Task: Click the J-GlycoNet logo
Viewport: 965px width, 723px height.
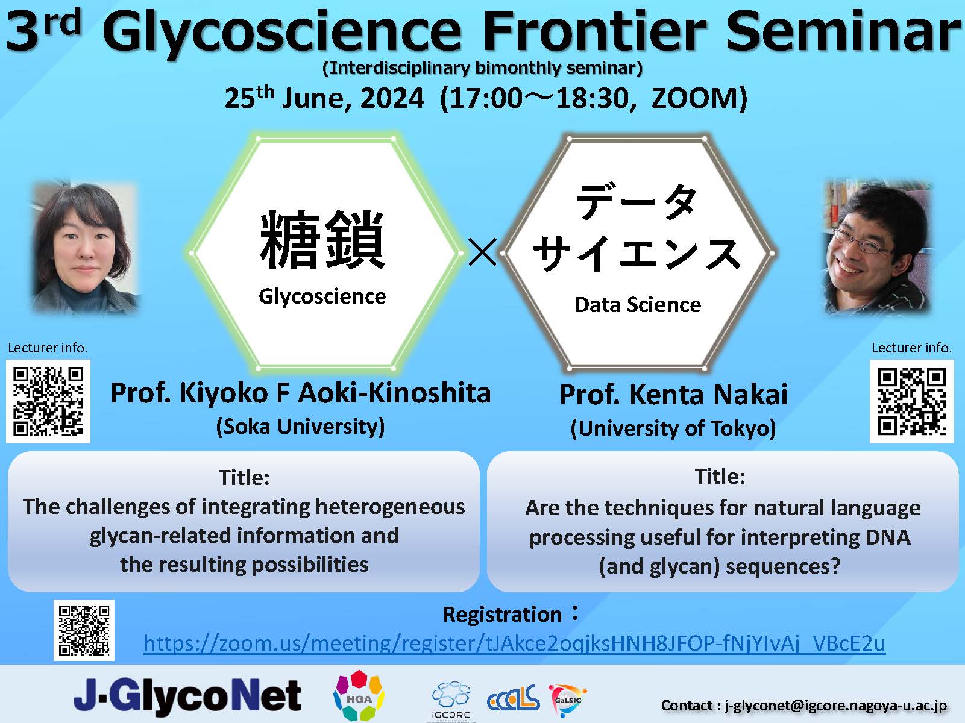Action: tap(187, 695)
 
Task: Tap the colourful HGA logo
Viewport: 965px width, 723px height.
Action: tap(359, 696)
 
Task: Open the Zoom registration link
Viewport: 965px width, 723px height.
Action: tap(514, 643)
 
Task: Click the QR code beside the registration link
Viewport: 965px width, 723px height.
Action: tap(84, 630)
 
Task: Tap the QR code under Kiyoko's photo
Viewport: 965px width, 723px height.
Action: tap(48, 401)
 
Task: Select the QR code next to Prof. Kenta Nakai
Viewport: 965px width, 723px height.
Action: tap(911, 401)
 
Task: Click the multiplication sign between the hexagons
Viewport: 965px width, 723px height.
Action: tap(482, 252)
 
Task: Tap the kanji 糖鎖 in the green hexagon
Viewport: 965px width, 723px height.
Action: tap(322, 240)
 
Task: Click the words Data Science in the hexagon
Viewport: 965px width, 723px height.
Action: tap(638, 304)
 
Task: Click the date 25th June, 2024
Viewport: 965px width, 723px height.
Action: tap(324, 98)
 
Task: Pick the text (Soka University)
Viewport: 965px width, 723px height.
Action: tap(300, 426)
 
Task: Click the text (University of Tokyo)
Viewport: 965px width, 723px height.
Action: tap(673, 428)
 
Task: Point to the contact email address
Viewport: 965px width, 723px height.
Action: tap(835, 706)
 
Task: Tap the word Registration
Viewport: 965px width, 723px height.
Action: tap(502, 615)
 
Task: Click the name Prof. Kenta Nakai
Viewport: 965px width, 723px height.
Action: tap(673, 394)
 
